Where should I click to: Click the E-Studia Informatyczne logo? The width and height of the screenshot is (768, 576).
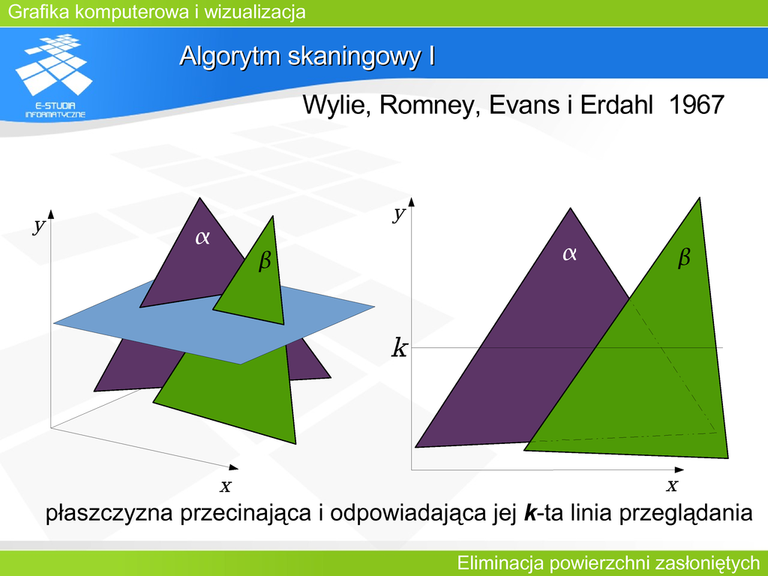(x=54, y=76)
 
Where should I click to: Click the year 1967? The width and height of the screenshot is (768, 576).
(x=696, y=105)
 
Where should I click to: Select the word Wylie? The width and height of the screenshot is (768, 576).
(x=334, y=106)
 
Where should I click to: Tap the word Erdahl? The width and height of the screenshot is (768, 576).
(x=616, y=105)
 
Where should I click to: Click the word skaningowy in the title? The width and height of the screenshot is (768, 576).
(x=354, y=57)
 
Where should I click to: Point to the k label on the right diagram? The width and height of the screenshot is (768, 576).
(x=399, y=348)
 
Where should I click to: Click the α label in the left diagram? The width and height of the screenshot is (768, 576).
(x=202, y=238)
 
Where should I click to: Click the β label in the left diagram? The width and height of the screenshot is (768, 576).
(x=265, y=259)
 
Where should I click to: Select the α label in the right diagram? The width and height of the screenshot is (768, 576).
(x=570, y=253)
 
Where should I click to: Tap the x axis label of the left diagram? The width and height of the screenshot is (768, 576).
(x=225, y=486)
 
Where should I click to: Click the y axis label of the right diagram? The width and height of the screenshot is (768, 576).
(x=399, y=214)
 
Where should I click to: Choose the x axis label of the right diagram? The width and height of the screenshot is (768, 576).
(x=672, y=485)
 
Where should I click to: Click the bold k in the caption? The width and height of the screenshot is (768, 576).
(x=530, y=513)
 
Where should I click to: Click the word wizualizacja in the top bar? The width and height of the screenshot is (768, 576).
(x=255, y=12)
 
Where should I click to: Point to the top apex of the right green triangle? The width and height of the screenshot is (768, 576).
(x=699, y=198)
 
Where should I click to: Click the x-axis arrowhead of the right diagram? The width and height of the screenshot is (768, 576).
(x=679, y=469)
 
